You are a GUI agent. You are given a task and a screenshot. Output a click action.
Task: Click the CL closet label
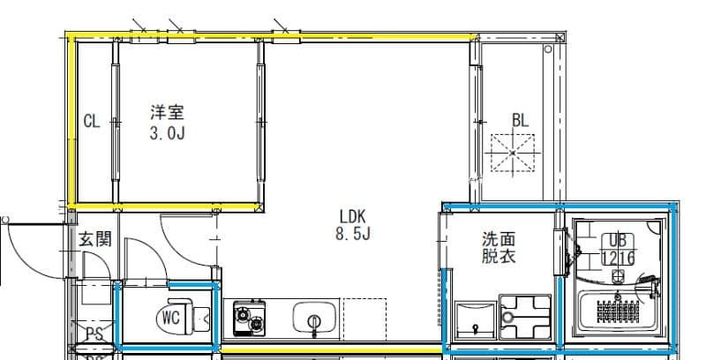click(x=92, y=122)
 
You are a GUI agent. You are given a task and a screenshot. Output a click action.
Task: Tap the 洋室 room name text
click(x=167, y=112)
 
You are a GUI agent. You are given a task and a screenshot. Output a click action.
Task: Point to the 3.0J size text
click(x=167, y=133)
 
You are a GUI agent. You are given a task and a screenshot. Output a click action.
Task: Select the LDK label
click(x=352, y=215)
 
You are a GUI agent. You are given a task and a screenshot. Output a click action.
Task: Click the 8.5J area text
click(x=352, y=235)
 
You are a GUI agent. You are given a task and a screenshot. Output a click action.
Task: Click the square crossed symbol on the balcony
click(x=514, y=155)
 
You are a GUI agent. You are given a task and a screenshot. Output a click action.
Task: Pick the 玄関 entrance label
click(x=94, y=238)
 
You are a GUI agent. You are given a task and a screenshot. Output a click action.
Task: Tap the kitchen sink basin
click(x=313, y=317)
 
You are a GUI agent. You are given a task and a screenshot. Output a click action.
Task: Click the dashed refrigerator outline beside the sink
click(x=364, y=318)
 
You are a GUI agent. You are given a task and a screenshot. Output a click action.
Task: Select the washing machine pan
click(x=524, y=318)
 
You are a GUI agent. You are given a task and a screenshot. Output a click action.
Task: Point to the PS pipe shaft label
click(x=94, y=334)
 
